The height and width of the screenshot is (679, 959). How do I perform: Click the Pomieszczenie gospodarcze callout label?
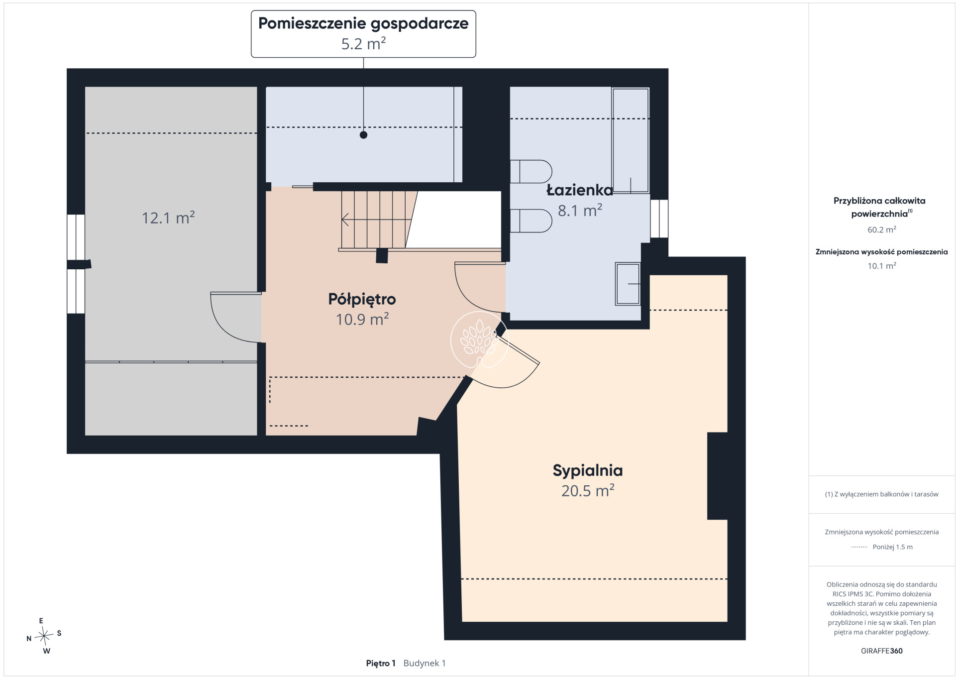point(363,24)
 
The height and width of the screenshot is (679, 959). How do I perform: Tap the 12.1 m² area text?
point(168,218)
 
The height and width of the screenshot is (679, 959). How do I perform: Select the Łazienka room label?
point(579,190)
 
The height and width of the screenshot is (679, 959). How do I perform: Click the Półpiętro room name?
point(362,299)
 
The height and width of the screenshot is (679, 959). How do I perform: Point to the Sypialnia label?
point(588,470)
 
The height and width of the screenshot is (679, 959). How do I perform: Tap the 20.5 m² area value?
point(588,491)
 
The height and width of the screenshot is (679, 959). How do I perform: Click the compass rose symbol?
point(44,635)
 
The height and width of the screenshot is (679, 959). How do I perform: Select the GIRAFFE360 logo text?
point(881,651)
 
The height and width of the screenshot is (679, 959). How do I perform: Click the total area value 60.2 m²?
point(881,229)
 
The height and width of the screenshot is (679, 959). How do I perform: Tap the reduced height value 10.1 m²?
point(881,266)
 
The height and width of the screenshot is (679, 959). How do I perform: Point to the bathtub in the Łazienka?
point(631,140)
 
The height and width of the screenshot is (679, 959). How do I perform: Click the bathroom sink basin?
point(628,284)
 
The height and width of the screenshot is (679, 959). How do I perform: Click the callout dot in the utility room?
point(363,135)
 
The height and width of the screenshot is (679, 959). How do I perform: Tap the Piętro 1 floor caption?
point(380,663)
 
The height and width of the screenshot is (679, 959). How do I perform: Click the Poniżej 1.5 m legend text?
point(892,547)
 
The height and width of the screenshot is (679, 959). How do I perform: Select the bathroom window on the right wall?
point(659,219)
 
